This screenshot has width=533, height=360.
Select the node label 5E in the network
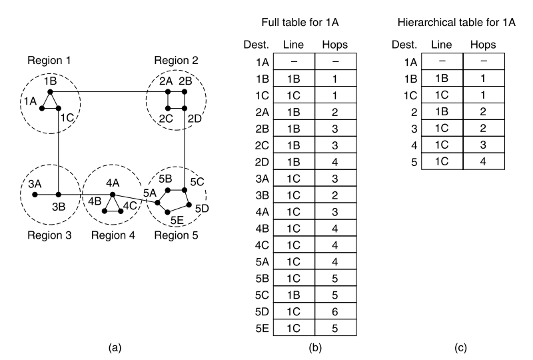(x=177, y=219)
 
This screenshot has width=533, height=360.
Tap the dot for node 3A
(x=35, y=195)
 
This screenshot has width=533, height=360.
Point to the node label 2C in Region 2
(x=167, y=119)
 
